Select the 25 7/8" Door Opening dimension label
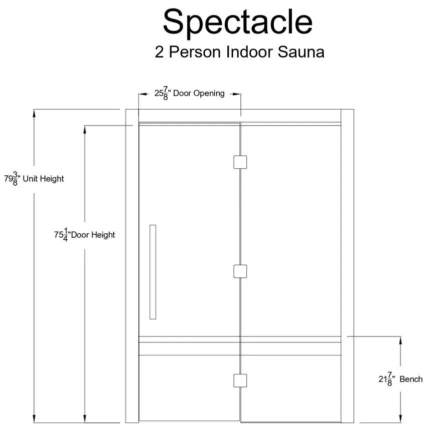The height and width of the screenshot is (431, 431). [189, 94]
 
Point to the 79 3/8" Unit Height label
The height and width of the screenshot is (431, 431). [34, 179]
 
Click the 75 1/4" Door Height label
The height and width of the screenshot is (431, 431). [85, 235]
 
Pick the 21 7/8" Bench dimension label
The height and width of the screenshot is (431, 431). [400, 379]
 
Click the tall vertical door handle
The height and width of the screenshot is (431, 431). [153, 272]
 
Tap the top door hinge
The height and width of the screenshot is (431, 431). [240, 162]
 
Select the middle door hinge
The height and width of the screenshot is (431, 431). [240, 271]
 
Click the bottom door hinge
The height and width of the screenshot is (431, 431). [240, 381]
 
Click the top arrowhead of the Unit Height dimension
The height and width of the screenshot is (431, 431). [34, 114]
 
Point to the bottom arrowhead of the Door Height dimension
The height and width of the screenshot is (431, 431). [85, 418]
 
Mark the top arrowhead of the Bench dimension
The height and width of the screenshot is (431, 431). [400, 340]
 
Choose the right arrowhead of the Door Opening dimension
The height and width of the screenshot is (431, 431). [236, 94]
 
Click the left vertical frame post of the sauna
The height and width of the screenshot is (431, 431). [132, 266]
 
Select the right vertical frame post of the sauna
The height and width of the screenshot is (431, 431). [347, 266]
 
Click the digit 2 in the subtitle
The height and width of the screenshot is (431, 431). [159, 52]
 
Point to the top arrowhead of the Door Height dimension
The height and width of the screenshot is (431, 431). [85, 130]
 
